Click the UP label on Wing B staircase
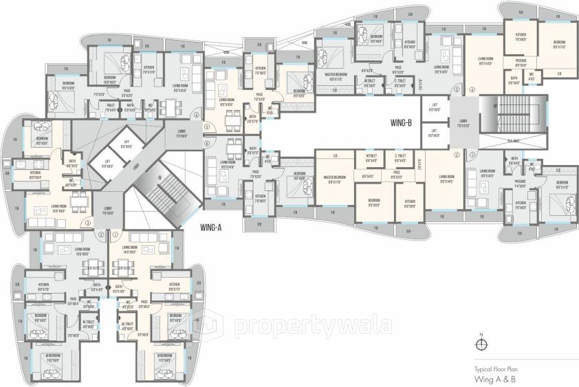(x=495, y=107)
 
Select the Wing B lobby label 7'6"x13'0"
(x=463, y=123)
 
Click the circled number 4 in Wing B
(x=472, y=89)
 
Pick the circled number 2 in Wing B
(x=457, y=155)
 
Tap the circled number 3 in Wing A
(x=87, y=224)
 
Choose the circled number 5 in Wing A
(x=207, y=127)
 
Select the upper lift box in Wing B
(x=435, y=109)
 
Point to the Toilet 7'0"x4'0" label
(x=110, y=108)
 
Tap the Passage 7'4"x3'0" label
(x=521, y=184)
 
